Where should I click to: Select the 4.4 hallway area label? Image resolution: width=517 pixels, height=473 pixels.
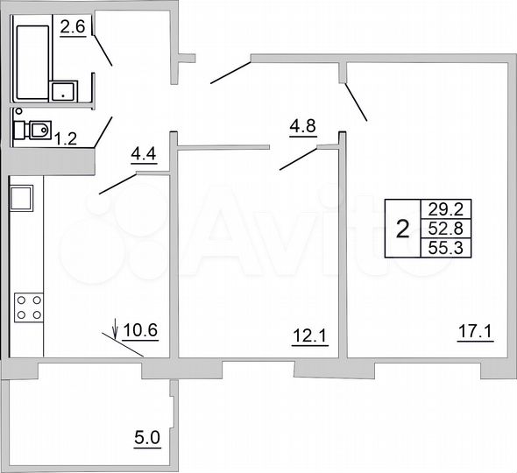click(143, 156)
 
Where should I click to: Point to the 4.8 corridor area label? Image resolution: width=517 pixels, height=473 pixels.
click(302, 124)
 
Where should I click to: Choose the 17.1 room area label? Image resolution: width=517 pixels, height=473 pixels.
click(474, 333)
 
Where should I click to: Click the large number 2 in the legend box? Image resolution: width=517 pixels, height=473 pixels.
click(402, 229)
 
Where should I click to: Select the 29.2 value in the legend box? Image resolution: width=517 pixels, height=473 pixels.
click(435, 209)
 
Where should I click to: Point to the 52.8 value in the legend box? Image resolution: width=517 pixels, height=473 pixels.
click(435, 229)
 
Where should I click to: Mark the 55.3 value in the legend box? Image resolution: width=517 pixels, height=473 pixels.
click(435, 249)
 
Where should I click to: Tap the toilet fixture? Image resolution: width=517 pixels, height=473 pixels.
click(33, 131)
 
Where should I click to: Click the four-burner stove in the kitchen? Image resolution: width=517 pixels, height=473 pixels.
click(29, 307)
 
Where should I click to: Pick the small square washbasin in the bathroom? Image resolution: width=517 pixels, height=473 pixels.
click(64, 91)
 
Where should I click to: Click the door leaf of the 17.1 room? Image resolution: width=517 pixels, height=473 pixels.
click(355, 102)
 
